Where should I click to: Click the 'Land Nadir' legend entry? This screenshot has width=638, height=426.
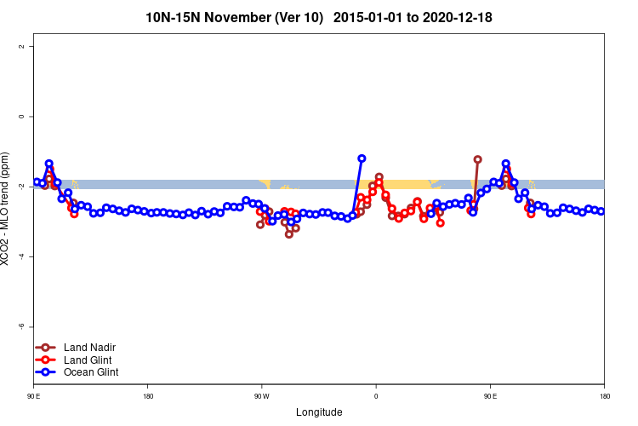[x=89, y=348]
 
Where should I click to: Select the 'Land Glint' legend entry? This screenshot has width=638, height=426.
[x=88, y=360]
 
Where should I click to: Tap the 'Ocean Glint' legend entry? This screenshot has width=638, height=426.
[x=91, y=372]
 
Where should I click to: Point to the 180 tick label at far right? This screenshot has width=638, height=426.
[x=604, y=396]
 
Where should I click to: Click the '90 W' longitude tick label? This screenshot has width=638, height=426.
[x=261, y=396]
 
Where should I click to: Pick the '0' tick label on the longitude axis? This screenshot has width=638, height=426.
[x=376, y=396]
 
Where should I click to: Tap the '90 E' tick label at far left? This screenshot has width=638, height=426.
[x=34, y=396]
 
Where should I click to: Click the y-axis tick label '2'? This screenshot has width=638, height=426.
[x=21, y=46]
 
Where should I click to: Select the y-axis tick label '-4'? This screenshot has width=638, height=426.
[x=21, y=256]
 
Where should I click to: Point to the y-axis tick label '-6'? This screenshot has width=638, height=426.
[x=21, y=326]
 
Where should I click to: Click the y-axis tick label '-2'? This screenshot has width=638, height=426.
[x=21, y=187]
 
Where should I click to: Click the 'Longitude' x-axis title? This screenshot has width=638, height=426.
[x=319, y=412]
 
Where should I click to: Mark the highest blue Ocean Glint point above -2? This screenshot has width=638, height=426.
[x=362, y=158]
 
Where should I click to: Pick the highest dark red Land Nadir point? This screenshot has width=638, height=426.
[x=478, y=159]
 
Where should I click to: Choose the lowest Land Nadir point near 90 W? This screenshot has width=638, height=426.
[x=289, y=234]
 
